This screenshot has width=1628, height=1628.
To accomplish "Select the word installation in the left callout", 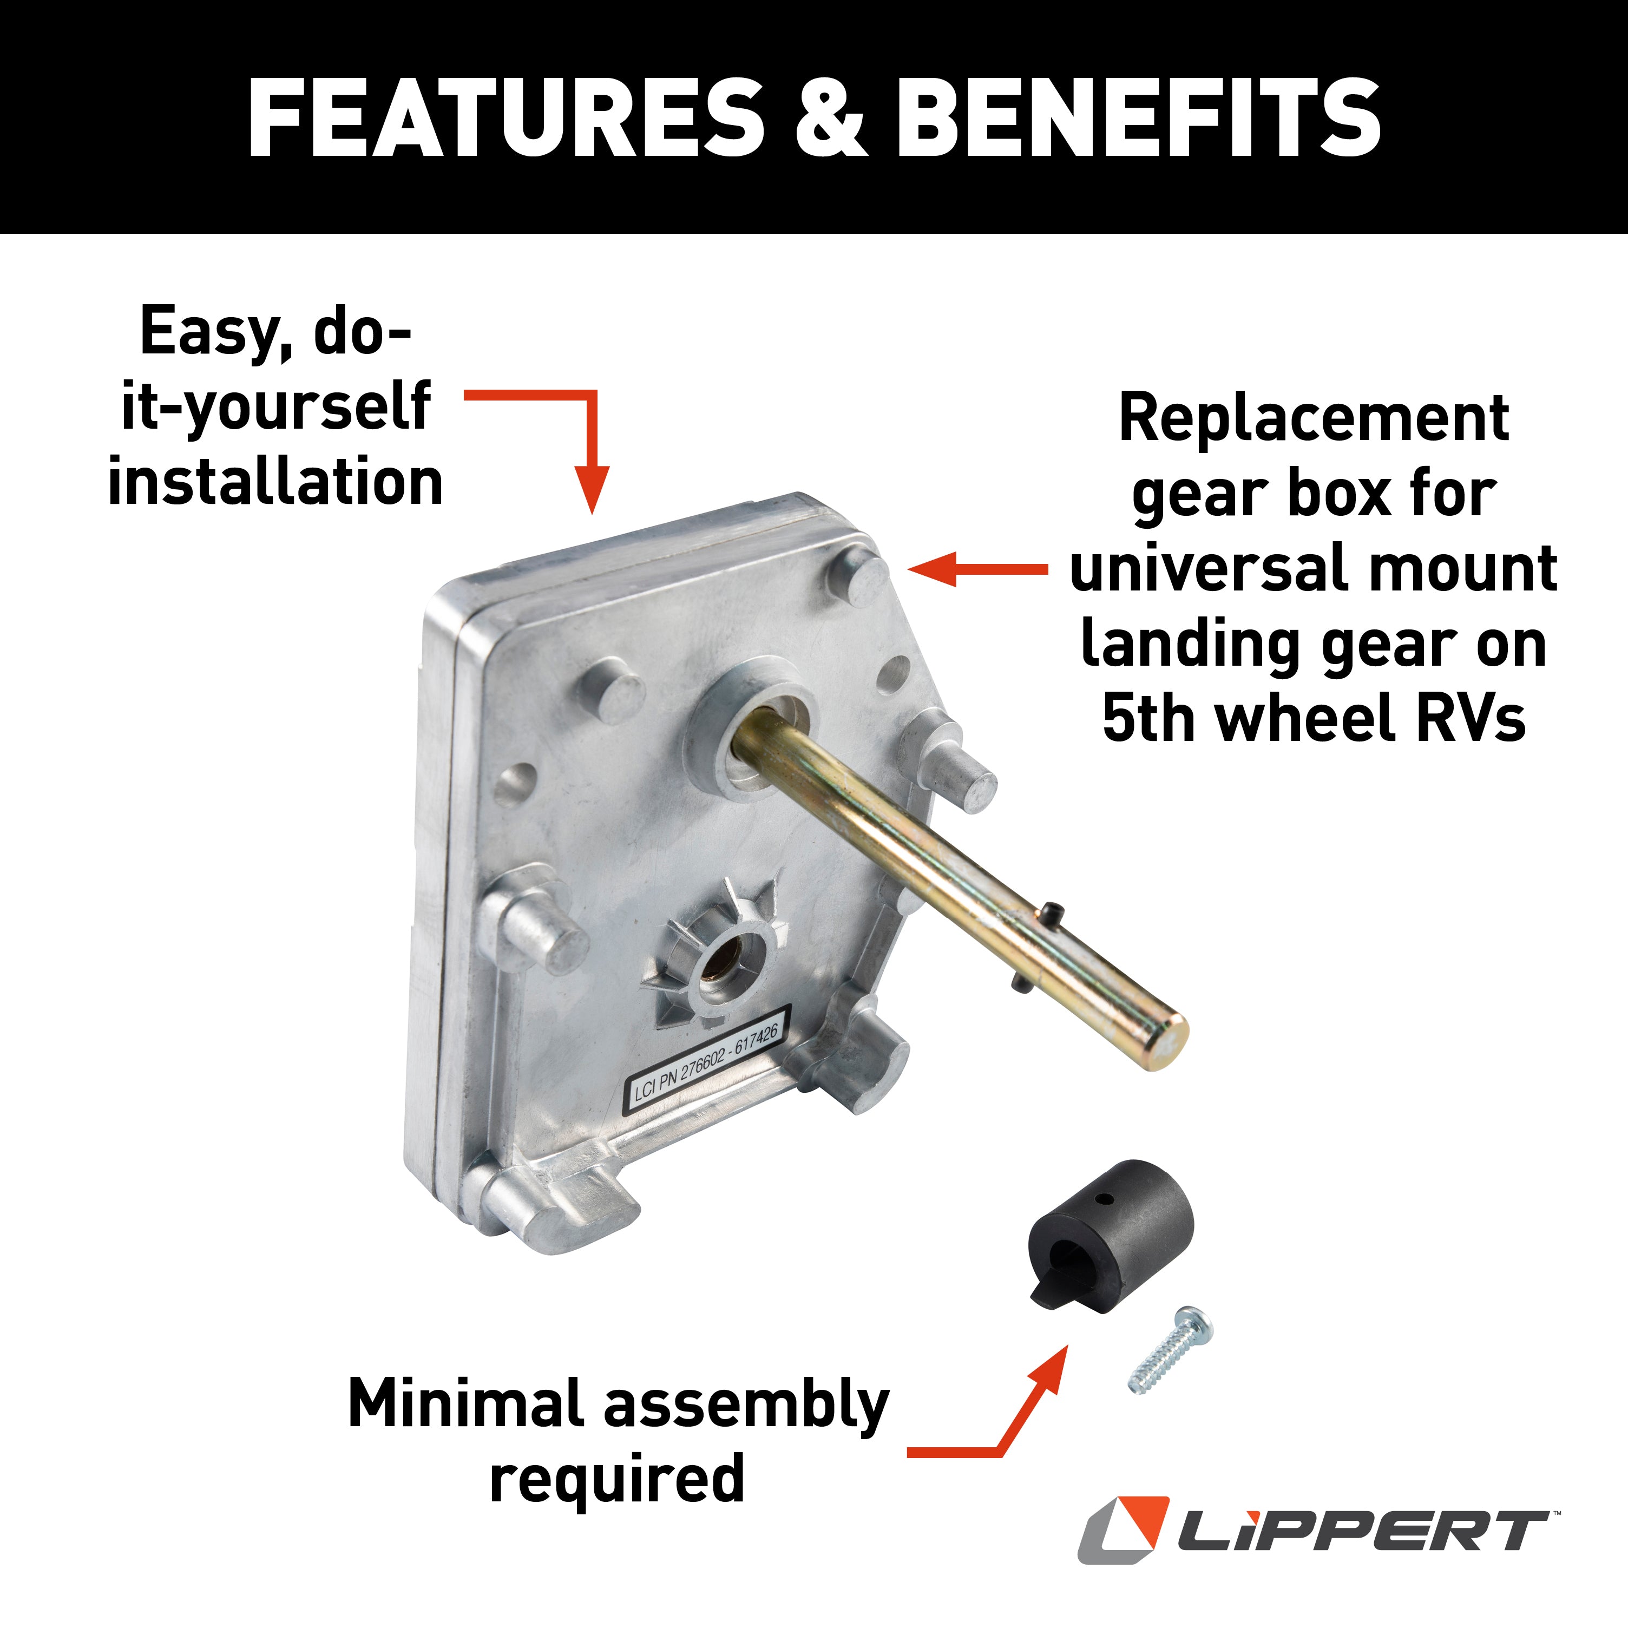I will coord(275,482).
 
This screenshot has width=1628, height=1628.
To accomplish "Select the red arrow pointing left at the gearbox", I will coord(977,569).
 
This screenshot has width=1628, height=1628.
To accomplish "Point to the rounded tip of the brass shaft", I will coord(1167,1043).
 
